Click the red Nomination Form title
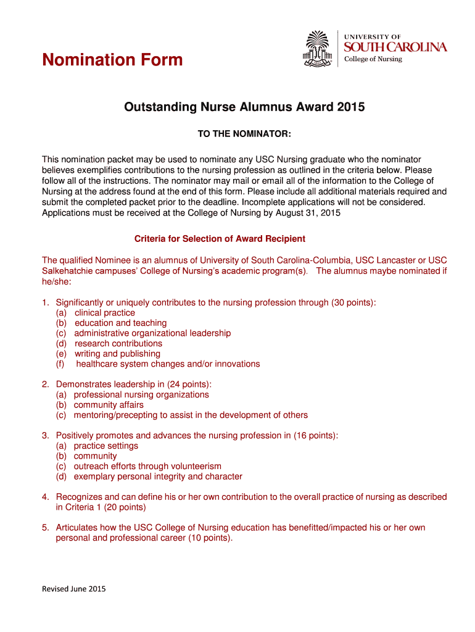coord(112,60)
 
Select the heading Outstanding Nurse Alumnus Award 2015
coord(244,107)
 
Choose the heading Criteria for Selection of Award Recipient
coord(220,239)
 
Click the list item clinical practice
coord(104,313)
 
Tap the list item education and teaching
coord(120,323)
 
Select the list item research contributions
coord(118,343)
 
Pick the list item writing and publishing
coord(117,354)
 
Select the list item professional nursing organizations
coord(141,394)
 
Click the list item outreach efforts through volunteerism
coord(147,466)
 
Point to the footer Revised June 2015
coord(73,589)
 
